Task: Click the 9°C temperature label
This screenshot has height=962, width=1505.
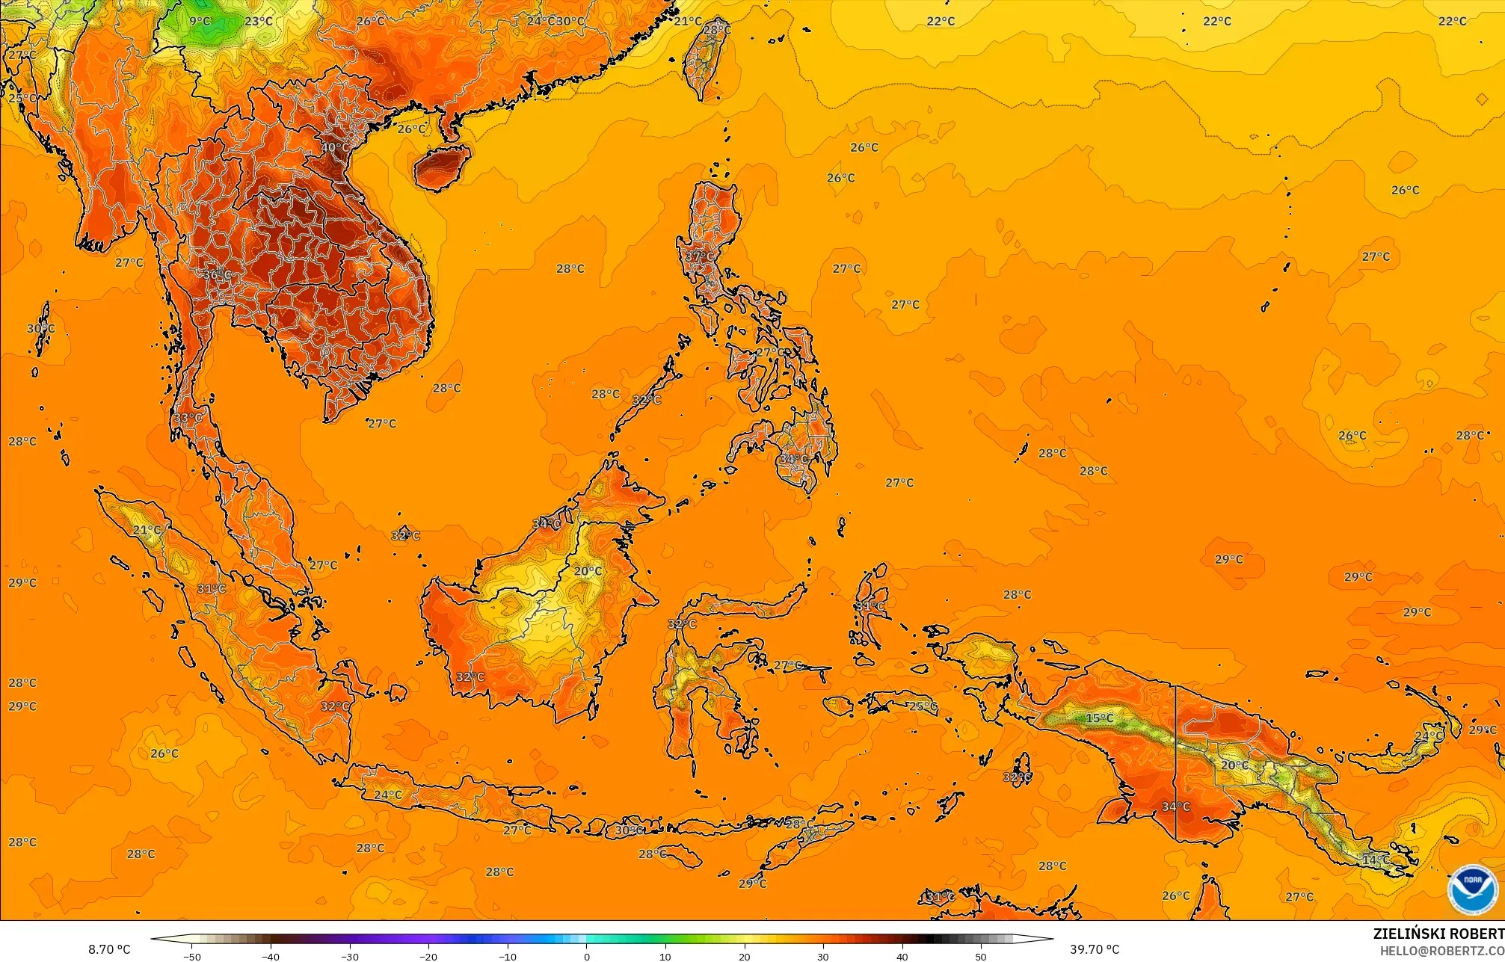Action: click(200, 21)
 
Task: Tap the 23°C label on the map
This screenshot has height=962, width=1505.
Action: click(259, 21)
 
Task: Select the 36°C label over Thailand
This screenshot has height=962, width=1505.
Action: click(217, 274)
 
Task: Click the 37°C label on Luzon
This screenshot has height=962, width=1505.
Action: click(700, 256)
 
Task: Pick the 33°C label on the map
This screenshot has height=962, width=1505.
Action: click(188, 417)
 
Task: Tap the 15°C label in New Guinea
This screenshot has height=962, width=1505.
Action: click(1099, 718)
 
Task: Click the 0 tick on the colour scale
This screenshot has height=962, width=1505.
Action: click(587, 956)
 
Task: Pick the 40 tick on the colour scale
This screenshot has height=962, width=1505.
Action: click(902, 956)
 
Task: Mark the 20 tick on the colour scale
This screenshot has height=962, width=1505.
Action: click(745, 956)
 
